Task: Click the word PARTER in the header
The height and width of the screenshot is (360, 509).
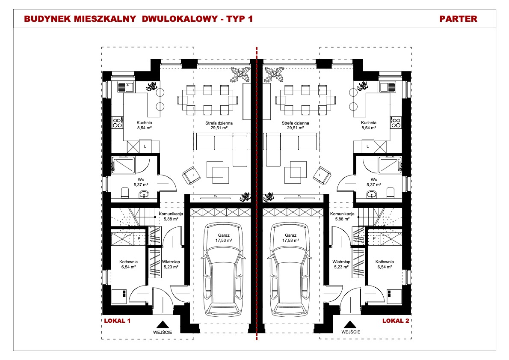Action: pos(458,19)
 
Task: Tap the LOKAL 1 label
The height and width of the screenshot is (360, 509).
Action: pos(117,321)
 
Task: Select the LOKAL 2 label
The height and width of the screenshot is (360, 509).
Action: pos(396,321)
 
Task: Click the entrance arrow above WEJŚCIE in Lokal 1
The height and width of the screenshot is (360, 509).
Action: pos(163,324)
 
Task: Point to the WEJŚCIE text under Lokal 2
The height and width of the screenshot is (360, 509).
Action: pos(351,332)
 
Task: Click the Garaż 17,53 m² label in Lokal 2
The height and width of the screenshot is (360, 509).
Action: pos(290,238)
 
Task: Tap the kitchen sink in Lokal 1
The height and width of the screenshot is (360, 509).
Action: pos(126,87)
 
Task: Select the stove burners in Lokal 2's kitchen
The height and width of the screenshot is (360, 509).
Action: pos(396,123)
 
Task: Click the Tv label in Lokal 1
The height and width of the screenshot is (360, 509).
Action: pos(215,196)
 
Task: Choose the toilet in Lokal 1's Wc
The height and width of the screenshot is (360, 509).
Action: pos(124,193)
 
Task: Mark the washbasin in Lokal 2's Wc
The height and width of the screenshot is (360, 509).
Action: pos(371,195)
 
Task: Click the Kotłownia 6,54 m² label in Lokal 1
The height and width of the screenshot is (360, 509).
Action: pos(129,264)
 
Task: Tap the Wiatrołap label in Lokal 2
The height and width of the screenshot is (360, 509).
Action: pos(341,262)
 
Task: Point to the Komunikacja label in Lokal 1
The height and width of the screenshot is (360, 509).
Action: pos(171,214)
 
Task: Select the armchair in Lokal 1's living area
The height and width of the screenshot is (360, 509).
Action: pos(191,176)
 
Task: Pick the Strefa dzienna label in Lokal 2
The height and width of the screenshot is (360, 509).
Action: pos(296,123)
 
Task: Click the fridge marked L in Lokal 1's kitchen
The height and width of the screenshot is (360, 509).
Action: pos(145,146)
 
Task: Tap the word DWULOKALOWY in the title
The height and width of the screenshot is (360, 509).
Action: pos(180,19)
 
